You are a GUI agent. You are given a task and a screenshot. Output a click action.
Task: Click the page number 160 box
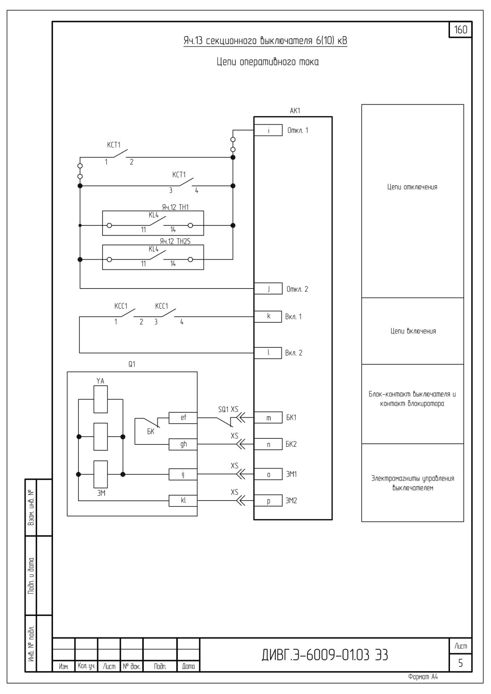[x=461, y=30]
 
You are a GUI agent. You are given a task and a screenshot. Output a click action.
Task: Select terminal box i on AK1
[x=268, y=130]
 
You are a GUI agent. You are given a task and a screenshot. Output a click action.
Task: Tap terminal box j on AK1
[x=268, y=289]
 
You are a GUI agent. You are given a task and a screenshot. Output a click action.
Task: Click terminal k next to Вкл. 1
[x=268, y=317]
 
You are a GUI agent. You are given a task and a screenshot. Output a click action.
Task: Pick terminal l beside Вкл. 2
[x=268, y=353]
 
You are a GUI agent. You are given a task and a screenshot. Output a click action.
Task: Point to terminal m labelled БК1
[x=268, y=418]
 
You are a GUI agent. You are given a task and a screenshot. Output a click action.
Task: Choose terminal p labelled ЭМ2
[x=268, y=501]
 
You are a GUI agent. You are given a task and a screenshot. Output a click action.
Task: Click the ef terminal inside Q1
[x=183, y=418]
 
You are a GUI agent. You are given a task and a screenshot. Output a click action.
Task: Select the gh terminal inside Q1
[x=183, y=444]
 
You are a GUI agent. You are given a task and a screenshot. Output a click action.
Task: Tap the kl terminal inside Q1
[x=183, y=501]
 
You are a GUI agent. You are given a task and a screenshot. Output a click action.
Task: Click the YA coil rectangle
[x=101, y=400]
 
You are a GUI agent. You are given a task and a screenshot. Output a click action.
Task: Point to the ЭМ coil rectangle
[x=101, y=474]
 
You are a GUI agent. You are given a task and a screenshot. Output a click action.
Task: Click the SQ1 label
[x=223, y=409]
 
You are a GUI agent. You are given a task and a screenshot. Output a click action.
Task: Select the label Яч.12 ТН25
[x=175, y=241]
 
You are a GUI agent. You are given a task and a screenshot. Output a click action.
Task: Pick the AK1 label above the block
[x=295, y=110]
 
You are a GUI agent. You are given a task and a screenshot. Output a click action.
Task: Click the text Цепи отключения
[x=412, y=187]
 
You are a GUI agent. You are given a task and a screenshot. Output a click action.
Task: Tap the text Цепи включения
[x=413, y=331]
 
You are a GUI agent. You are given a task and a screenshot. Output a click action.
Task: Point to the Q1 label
[x=132, y=364]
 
